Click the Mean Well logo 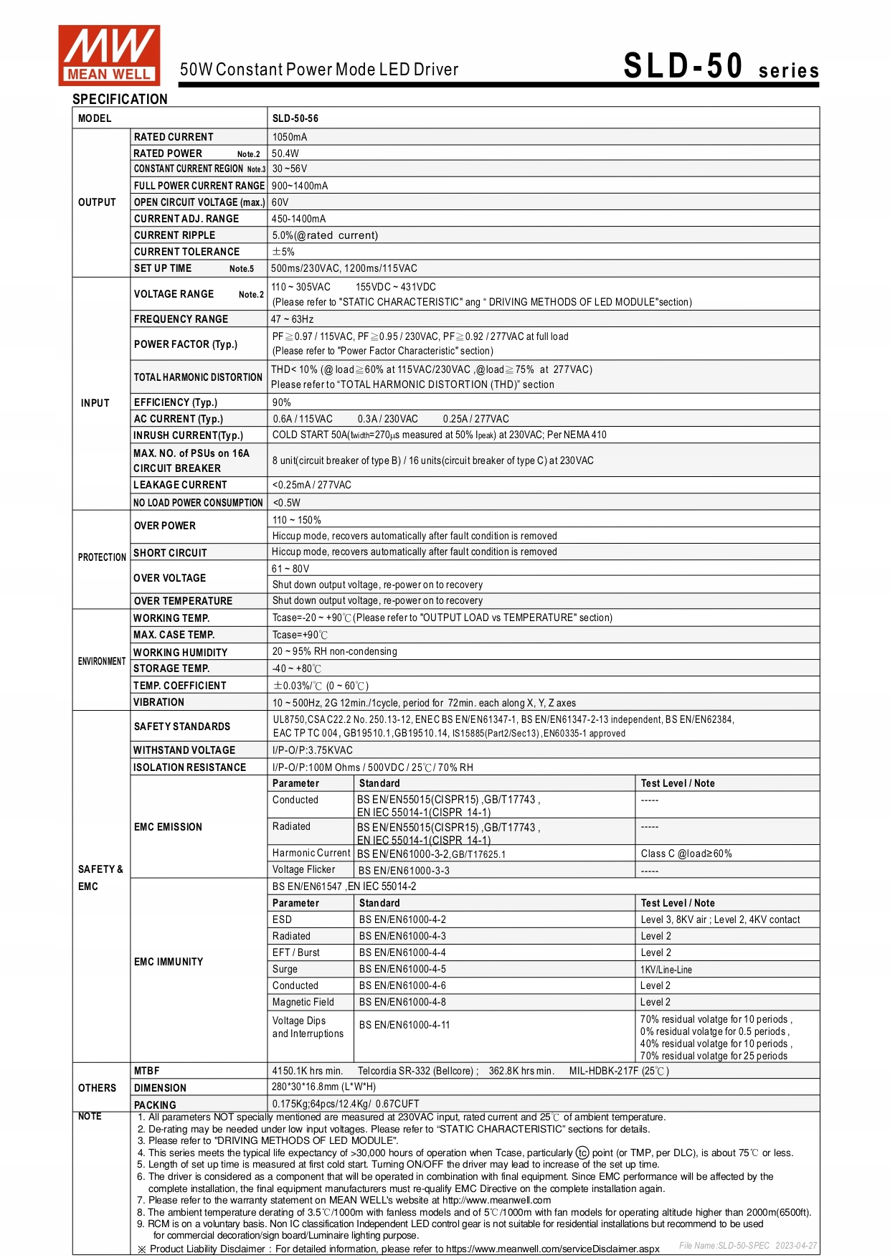click(109, 55)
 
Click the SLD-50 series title click(720, 67)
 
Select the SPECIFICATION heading click(120, 99)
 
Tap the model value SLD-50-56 click(295, 118)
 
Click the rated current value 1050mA click(290, 137)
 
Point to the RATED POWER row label click(169, 153)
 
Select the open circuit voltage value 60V click(280, 202)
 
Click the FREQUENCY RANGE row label click(181, 319)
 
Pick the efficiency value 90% click(282, 402)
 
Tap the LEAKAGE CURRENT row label click(180, 485)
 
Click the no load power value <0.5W click(287, 503)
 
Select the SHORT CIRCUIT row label click(170, 553)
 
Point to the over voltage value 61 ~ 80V click(290, 569)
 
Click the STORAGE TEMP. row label click(171, 668)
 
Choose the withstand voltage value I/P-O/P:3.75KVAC click(313, 750)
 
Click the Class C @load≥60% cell click(686, 853)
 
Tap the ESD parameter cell click(283, 919)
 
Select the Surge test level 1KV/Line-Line click(666, 970)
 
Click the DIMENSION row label click(160, 1088)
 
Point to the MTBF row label click(147, 1071)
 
